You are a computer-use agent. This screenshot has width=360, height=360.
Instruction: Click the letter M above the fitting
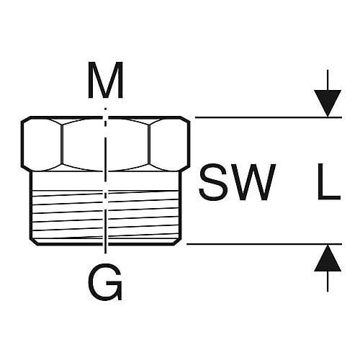click(x=106, y=80)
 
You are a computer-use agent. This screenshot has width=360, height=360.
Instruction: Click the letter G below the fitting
click(x=106, y=282)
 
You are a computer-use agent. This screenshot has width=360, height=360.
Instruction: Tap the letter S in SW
click(x=213, y=181)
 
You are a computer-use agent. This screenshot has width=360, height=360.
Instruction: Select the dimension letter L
click(x=329, y=181)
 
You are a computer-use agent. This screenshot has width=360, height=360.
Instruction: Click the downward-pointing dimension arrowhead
click(x=328, y=104)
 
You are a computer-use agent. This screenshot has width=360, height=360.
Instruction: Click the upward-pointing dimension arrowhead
click(x=328, y=258)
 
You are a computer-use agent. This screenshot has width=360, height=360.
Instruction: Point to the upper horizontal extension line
click(x=269, y=117)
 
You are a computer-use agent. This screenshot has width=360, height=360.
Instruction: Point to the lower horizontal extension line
click(x=264, y=244)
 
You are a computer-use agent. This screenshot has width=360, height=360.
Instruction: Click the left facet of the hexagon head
click(x=42, y=144)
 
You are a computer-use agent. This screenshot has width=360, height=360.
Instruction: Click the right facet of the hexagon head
click(x=169, y=144)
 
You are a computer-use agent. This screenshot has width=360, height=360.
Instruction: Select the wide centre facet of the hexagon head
click(x=106, y=144)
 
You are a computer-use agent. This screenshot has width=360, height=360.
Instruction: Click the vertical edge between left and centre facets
click(x=62, y=144)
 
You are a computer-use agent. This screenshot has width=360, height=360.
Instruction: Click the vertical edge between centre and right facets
click(x=149, y=144)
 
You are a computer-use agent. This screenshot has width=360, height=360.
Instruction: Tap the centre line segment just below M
click(x=106, y=114)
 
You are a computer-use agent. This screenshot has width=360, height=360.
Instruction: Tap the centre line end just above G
click(x=106, y=250)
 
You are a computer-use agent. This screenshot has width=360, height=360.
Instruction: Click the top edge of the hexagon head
click(x=106, y=117)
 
